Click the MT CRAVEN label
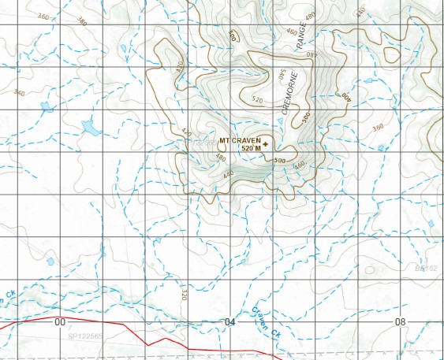(239, 140)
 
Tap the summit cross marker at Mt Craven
(265, 143)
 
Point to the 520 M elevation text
(250, 148)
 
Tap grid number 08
(401, 322)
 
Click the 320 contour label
(184, 295)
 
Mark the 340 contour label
(20, 93)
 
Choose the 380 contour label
(82, 21)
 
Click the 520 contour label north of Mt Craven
(256, 100)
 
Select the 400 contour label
(345, 95)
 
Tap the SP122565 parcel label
(84, 336)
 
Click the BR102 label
(426, 269)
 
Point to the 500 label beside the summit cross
(278, 161)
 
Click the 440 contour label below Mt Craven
(229, 173)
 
